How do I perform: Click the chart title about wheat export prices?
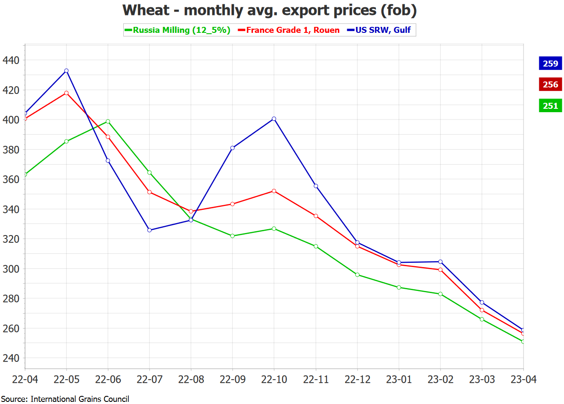point(269,10)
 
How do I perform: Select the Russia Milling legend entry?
point(177,30)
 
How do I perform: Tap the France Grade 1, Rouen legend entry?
point(290,30)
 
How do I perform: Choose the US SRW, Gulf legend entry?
point(380,30)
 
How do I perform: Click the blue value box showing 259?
point(550,64)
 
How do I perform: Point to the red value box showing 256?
point(550,84)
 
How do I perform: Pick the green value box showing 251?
point(550,106)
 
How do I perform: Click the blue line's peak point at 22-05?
point(67,71)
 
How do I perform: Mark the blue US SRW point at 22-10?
point(274,119)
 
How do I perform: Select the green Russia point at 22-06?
point(108,122)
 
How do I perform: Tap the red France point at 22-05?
point(67,93)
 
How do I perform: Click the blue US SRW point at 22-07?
point(149,230)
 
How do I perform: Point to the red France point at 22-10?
point(274,191)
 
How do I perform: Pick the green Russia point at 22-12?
point(358,275)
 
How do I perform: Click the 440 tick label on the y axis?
point(11,60)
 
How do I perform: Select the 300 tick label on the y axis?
point(11,269)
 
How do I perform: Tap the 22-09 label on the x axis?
point(233,379)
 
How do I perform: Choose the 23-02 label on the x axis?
point(440,379)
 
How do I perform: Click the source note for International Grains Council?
point(65,399)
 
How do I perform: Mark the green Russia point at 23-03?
point(482,319)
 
